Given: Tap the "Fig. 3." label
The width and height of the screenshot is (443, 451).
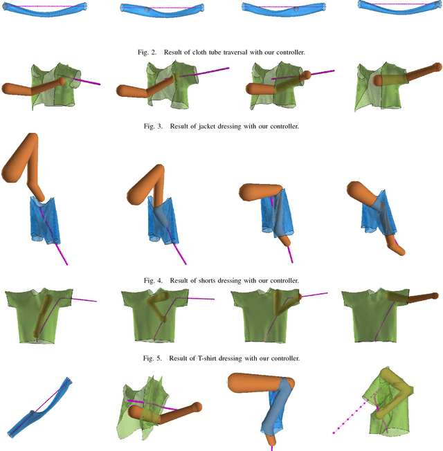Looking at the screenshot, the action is [153, 127].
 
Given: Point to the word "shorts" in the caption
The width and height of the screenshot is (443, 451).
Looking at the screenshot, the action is [207, 280].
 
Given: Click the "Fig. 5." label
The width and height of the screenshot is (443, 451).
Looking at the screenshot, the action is [152, 358].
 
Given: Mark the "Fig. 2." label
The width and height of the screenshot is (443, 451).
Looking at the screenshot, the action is [147, 53].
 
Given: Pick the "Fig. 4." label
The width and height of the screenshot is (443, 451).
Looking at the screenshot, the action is [153, 280].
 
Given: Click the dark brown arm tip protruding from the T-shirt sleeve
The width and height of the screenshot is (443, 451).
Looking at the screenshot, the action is [434, 295].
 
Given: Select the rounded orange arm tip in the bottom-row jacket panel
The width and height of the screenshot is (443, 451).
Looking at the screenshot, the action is [197, 407].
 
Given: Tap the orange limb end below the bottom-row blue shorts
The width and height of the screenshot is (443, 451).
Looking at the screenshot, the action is [270, 440].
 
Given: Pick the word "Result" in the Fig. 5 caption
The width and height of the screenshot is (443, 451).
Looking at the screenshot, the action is [179, 358].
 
